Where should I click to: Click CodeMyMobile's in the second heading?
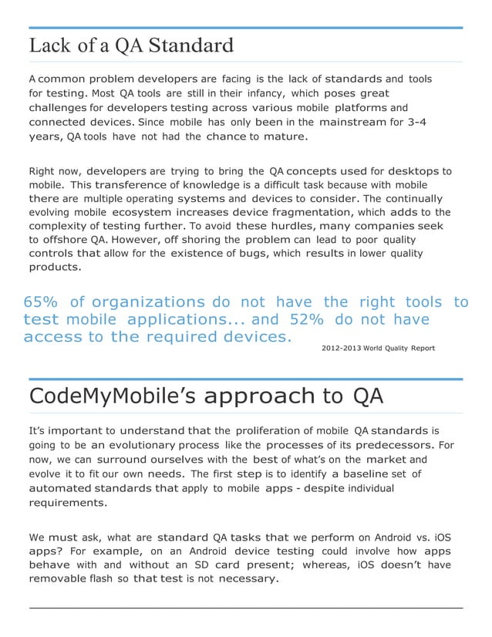[x=110, y=396]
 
